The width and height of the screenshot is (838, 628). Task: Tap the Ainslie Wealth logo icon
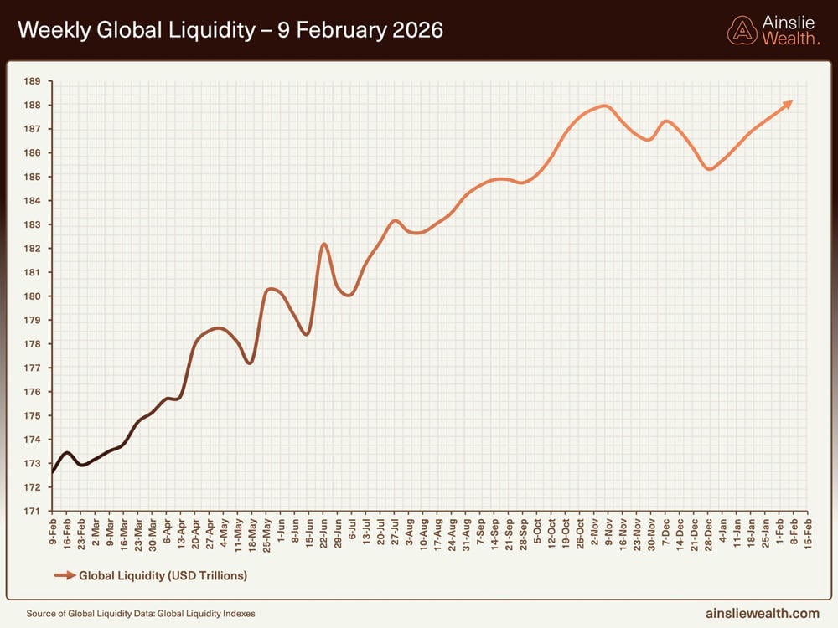pyautogui.click(x=742, y=30)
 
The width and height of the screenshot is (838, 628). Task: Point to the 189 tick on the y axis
pyautogui.click(x=33, y=81)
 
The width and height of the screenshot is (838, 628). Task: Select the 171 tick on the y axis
pyautogui.click(x=33, y=511)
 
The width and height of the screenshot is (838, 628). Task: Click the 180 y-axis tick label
pyautogui.click(x=33, y=296)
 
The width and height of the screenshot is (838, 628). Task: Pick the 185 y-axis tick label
pyautogui.click(x=33, y=177)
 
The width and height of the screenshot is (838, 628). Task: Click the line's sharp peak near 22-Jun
pyautogui.click(x=323, y=244)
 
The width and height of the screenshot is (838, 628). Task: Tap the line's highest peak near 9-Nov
pyautogui.click(x=603, y=106)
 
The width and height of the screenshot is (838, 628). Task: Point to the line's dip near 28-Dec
pyautogui.click(x=710, y=169)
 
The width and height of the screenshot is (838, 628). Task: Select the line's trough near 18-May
pyautogui.click(x=249, y=363)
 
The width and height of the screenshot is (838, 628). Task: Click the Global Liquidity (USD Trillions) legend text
pyautogui.click(x=163, y=575)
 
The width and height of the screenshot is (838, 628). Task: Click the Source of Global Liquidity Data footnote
pyautogui.click(x=141, y=614)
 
